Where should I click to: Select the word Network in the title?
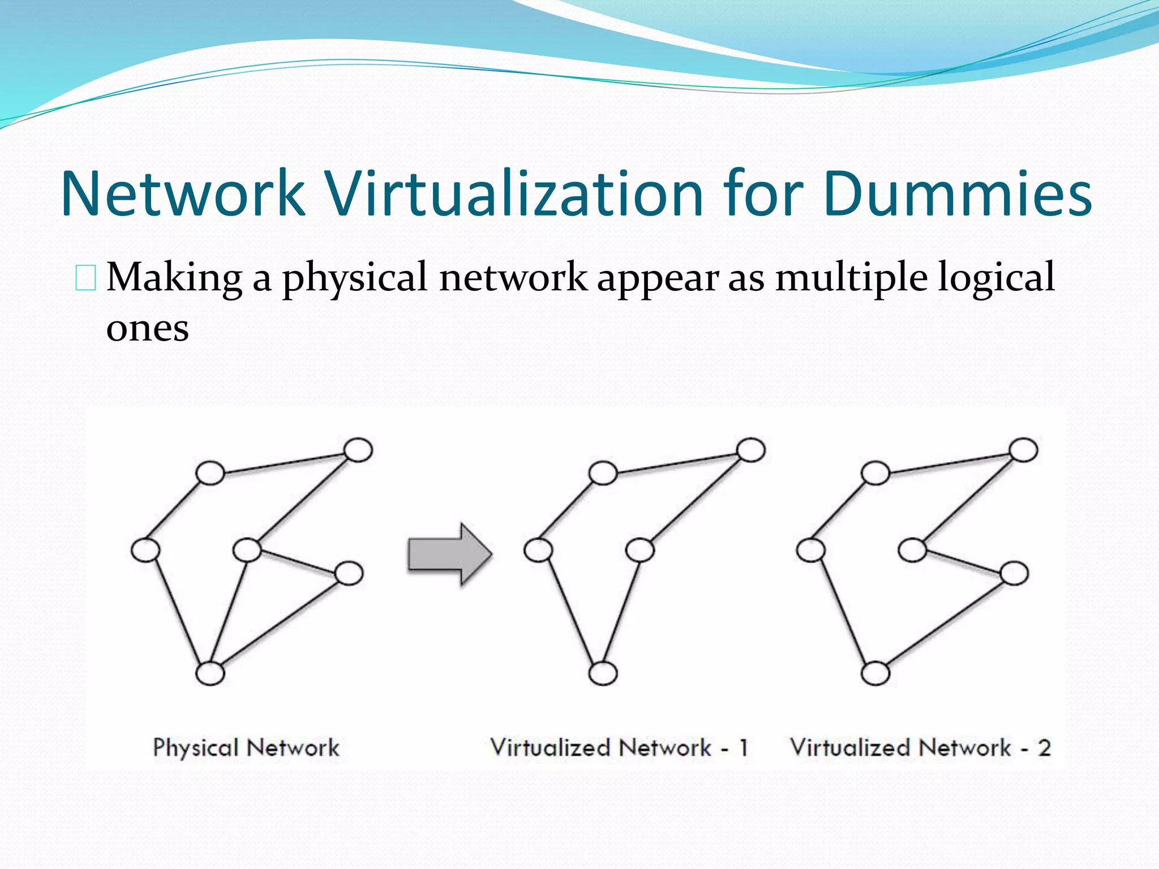(183, 194)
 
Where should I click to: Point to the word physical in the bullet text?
(355, 279)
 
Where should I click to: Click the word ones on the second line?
(147, 328)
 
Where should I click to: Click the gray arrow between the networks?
(449, 554)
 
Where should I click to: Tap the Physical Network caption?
(246, 748)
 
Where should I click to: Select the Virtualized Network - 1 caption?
(619, 748)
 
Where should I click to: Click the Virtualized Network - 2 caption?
(920, 748)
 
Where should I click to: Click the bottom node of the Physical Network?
(210, 673)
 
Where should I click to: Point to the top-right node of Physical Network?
(358, 450)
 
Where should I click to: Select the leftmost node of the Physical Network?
(145, 550)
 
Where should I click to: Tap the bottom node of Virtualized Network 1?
(603, 673)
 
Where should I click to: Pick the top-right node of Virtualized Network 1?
(751, 450)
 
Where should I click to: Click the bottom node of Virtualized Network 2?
(875, 673)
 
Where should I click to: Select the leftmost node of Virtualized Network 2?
(810, 550)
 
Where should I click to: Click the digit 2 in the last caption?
(1044, 748)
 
